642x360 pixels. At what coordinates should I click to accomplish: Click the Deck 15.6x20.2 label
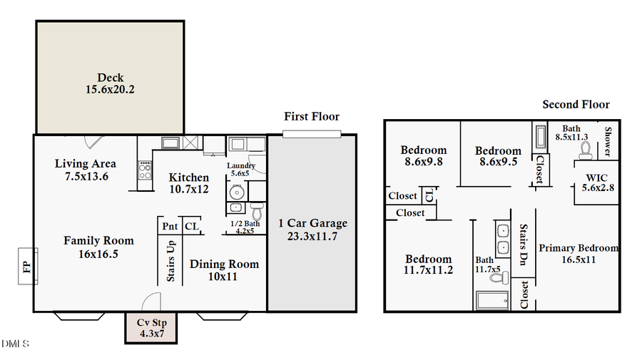click(x=111, y=84)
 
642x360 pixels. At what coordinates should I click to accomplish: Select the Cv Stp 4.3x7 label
click(x=151, y=327)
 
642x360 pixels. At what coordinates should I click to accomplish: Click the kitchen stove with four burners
click(x=145, y=170)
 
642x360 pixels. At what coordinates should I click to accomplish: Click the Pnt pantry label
click(x=170, y=226)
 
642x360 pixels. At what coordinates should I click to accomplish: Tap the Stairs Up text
click(x=170, y=261)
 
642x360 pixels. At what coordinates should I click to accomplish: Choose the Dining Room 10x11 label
click(x=224, y=270)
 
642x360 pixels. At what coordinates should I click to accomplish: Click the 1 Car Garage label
click(x=312, y=229)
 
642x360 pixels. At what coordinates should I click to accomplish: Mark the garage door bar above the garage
click(x=312, y=133)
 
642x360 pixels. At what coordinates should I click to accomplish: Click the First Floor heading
click(x=312, y=116)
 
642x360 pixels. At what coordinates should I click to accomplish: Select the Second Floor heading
click(x=576, y=104)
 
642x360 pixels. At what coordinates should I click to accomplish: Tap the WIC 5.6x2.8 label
click(x=598, y=182)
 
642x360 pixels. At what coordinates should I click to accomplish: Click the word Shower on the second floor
click(x=608, y=141)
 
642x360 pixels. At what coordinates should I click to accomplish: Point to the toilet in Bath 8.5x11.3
click(x=586, y=150)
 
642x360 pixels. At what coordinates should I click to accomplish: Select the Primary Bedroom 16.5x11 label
click(x=578, y=253)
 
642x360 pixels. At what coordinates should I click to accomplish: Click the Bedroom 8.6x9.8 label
click(x=423, y=155)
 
